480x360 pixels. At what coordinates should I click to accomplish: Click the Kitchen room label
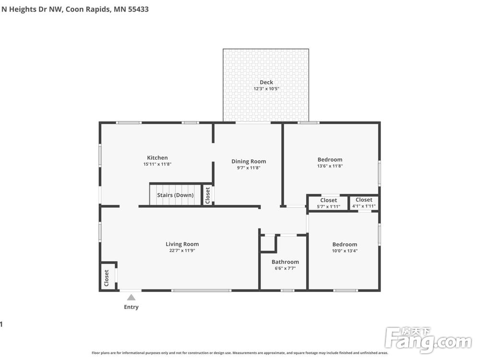tap(157, 157)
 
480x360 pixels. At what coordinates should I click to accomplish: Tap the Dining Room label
tap(249, 161)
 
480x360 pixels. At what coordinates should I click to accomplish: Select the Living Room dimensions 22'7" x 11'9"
tap(182, 251)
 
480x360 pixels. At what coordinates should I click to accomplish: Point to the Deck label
tap(266, 82)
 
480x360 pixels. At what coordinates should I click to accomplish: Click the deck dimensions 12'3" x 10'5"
tap(266, 89)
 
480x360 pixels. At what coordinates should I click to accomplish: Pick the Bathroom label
tap(285, 262)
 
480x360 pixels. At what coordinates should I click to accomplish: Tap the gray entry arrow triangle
tap(131, 297)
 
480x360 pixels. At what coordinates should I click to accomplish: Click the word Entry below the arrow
tap(131, 307)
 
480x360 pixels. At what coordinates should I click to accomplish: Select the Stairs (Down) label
tap(175, 195)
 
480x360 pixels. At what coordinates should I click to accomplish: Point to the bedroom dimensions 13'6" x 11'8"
tap(330, 166)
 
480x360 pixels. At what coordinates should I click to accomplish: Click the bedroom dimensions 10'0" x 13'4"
tap(345, 251)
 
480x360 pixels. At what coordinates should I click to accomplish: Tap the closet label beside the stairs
tap(207, 195)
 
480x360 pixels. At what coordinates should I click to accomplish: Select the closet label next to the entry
tap(106, 278)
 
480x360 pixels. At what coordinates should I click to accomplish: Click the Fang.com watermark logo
tap(429, 339)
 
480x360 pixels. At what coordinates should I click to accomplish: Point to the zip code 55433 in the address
tap(138, 9)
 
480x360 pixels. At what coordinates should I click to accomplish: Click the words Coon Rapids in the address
tap(88, 9)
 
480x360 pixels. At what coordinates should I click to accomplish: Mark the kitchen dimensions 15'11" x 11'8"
tap(157, 164)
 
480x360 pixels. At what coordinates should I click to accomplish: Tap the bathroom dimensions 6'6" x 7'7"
tap(285, 268)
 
